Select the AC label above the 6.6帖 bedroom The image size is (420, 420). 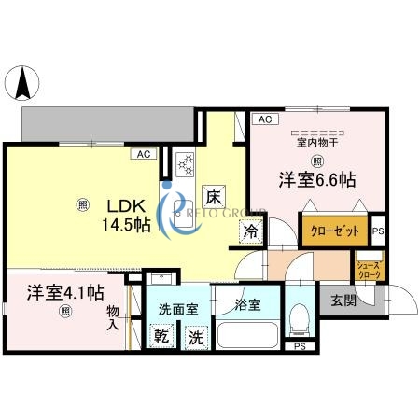264,119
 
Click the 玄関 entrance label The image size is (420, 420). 343,301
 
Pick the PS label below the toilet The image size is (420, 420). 299,346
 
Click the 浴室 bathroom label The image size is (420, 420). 248,304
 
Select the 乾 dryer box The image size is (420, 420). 161,337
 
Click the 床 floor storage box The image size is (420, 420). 214,196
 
